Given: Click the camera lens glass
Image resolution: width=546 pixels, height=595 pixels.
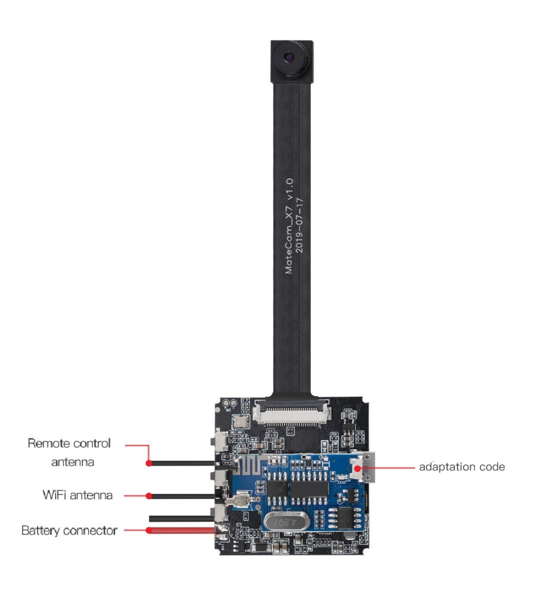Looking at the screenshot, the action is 289,57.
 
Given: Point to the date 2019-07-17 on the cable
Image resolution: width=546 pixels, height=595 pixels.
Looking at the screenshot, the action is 299,226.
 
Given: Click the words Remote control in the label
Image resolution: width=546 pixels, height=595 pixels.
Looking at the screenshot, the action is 69,443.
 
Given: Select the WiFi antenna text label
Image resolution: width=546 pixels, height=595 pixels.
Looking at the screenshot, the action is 77,495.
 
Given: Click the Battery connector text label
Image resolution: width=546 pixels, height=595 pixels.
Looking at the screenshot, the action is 69,531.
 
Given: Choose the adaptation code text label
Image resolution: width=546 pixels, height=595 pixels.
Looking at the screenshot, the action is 462,467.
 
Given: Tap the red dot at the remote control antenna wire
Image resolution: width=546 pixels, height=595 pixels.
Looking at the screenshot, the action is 149,463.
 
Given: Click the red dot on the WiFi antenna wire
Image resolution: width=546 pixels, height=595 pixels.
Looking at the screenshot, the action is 149,496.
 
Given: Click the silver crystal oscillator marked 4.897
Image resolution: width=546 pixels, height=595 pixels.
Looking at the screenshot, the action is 286,522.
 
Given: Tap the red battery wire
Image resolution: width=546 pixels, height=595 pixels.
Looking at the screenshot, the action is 181,531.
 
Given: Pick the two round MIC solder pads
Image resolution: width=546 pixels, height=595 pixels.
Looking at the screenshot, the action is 230,403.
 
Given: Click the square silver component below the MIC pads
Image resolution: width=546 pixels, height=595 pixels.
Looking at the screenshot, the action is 240,421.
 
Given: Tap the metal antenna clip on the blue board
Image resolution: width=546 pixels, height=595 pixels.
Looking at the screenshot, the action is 241,500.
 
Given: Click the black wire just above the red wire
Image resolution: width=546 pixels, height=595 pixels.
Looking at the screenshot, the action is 182,518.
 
